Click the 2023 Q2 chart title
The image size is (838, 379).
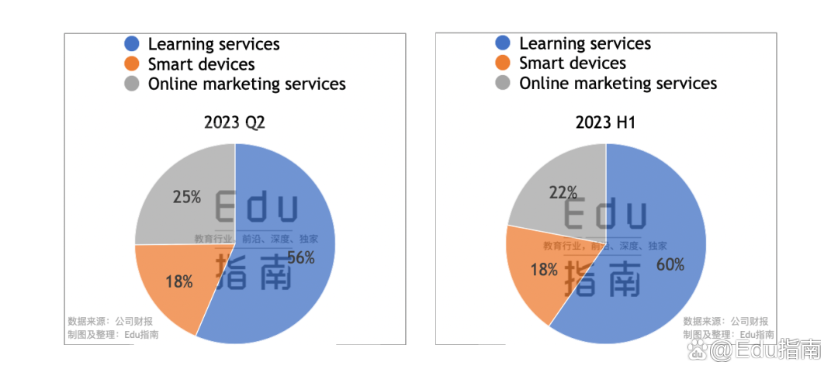tap(234, 122)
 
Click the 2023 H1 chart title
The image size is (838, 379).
tap(605, 122)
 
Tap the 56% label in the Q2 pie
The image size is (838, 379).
tap(301, 258)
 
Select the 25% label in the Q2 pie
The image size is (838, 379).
tap(187, 198)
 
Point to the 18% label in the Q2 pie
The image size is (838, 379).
tap(179, 282)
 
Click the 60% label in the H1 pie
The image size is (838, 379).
tap(670, 265)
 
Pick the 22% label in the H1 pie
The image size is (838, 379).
tap(563, 191)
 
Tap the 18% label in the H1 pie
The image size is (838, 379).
tap(544, 270)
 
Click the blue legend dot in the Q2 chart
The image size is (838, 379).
tap(132, 45)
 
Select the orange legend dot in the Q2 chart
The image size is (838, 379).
tap(132, 64)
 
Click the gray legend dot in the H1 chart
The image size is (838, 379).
tap(503, 83)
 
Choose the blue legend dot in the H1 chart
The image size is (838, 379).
tap(503, 44)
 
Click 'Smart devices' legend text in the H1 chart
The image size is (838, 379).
tap(573, 64)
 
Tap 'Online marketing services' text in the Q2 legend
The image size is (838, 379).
tap(247, 84)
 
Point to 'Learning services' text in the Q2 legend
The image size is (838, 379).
tap(213, 45)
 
